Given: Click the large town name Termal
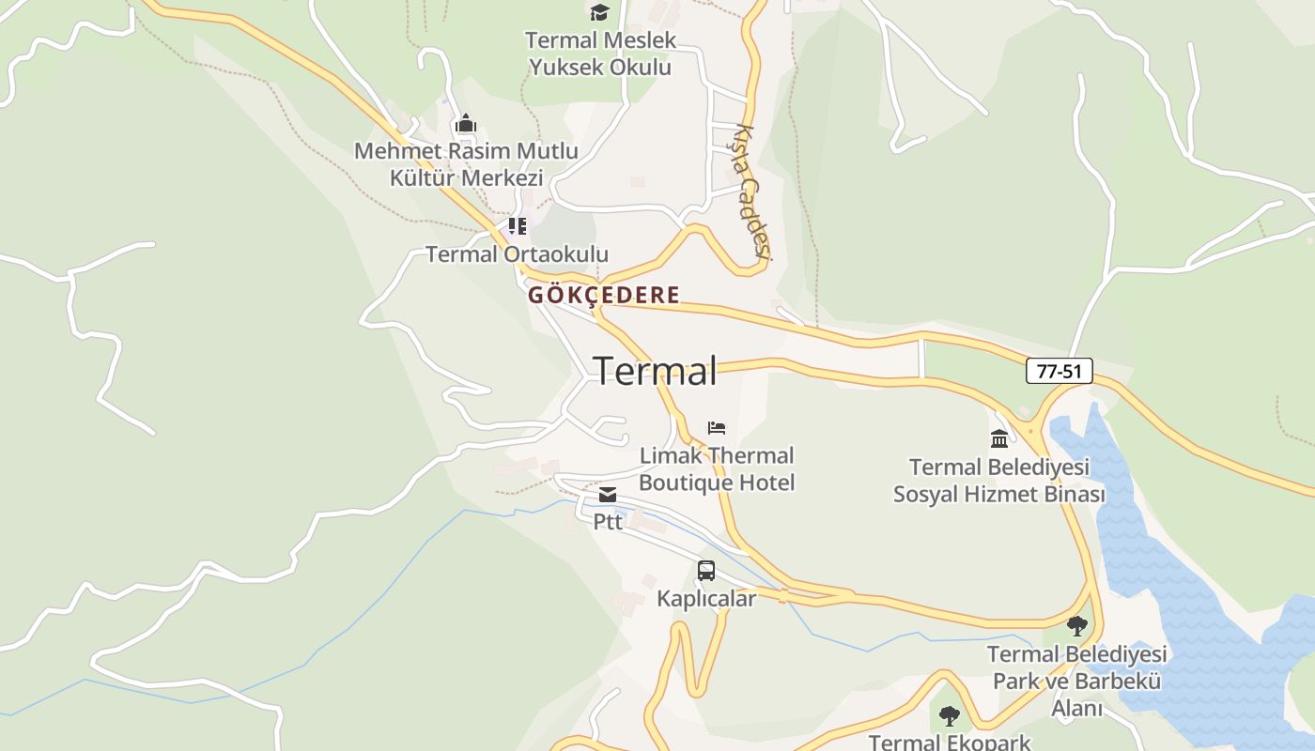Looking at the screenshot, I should (x=655, y=371).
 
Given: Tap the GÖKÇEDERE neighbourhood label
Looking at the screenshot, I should (x=603, y=295).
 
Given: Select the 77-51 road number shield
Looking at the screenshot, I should (x=1059, y=371).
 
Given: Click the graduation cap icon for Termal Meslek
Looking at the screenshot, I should (x=599, y=12).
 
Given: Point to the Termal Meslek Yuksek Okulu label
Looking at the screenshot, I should (x=600, y=54).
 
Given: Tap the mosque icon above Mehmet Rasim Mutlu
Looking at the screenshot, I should (x=466, y=124).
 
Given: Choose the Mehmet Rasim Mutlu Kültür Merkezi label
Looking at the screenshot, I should (x=466, y=164).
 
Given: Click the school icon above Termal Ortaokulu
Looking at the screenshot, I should (x=517, y=226).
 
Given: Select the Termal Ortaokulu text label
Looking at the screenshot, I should (x=517, y=254).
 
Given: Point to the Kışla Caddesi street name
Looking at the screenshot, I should (x=752, y=192).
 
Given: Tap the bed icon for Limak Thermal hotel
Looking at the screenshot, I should (x=717, y=428).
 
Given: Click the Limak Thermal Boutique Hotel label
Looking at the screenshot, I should (x=717, y=469).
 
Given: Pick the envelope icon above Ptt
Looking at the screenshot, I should (x=608, y=495).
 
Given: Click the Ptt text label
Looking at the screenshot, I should (x=608, y=521).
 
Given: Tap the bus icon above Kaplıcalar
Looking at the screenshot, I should (x=706, y=571).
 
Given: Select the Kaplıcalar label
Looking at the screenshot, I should (x=706, y=599).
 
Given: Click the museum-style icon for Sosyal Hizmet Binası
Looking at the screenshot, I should (x=999, y=438).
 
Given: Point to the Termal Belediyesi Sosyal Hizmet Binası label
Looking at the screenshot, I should (x=999, y=481).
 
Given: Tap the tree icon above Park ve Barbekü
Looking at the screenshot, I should (x=1077, y=626).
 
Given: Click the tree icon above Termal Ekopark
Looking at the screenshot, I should (x=950, y=716).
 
